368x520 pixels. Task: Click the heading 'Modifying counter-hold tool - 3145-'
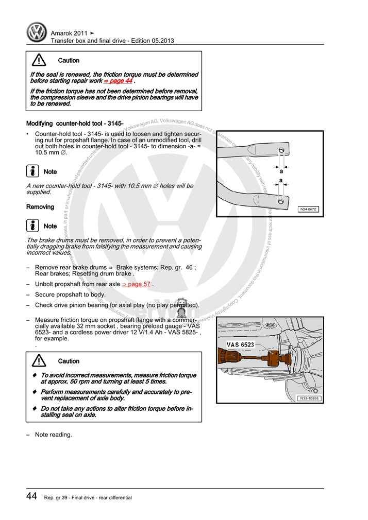coord(74,124)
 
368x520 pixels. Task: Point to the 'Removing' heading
coord(40,207)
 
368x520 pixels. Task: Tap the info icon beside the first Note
coord(32,171)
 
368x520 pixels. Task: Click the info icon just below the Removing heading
coord(32,226)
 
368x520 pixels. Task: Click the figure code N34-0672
coord(309,210)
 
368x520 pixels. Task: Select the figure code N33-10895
coord(308,398)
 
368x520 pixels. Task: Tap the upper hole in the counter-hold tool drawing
coord(281,150)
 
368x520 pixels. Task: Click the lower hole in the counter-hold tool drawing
coord(281,202)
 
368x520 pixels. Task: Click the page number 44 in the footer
coord(31,496)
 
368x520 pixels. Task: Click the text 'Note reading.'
coord(53,435)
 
